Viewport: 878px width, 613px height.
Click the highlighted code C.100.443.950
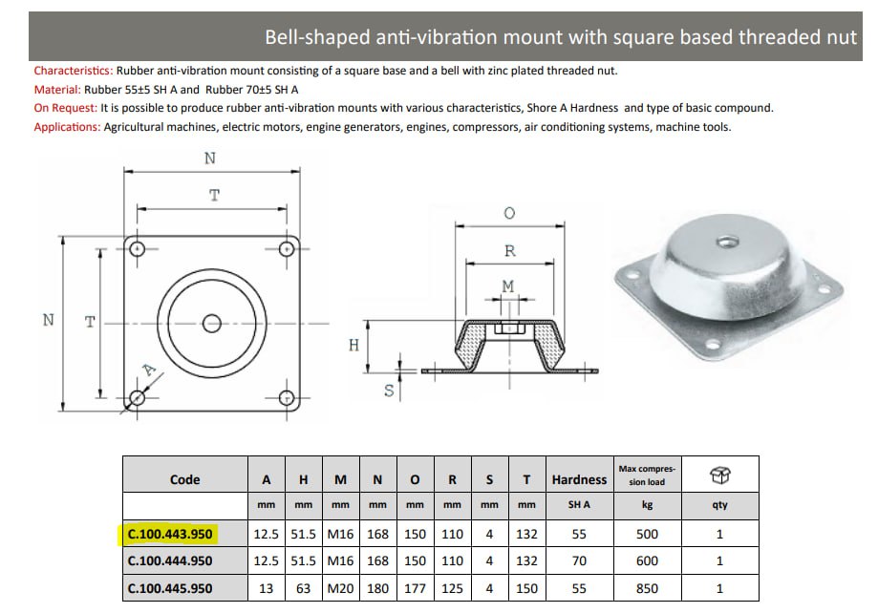tap(170, 534)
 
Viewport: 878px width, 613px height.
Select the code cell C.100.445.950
tap(170, 588)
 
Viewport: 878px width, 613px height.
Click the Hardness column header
tap(579, 479)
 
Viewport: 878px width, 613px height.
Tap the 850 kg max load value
tap(647, 588)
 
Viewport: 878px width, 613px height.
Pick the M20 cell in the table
tap(341, 588)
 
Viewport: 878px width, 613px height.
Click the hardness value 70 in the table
tap(579, 561)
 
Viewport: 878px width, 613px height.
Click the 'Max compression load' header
tap(648, 475)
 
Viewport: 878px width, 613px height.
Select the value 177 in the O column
tap(415, 588)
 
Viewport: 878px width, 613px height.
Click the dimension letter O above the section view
tap(509, 214)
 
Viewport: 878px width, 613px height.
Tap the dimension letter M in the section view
tap(507, 285)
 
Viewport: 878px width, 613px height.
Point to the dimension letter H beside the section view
tap(353, 345)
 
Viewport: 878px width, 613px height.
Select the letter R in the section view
tap(509, 251)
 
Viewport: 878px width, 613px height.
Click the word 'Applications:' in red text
tap(67, 127)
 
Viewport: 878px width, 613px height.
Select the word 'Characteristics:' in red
tap(73, 71)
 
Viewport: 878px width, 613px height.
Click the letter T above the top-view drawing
tap(214, 195)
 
